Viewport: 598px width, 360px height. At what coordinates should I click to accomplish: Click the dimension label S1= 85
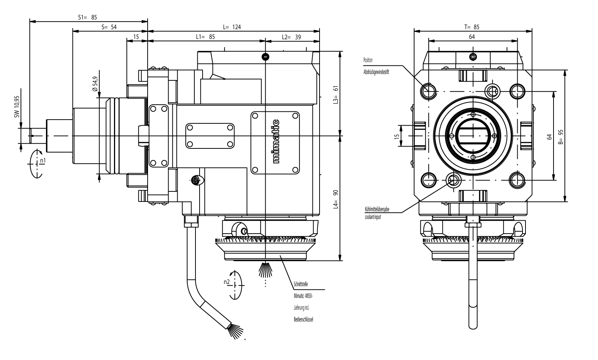click(x=87, y=17)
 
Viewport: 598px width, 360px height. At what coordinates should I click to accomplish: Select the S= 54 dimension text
click(x=109, y=27)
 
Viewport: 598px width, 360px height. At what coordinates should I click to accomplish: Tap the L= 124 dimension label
click(x=232, y=27)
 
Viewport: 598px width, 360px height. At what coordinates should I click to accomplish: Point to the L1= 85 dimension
click(x=206, y=37)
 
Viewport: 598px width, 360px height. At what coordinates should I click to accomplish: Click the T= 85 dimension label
click(x=471, y=27)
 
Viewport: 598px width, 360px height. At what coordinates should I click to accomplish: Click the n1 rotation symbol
click(x=37, y=164)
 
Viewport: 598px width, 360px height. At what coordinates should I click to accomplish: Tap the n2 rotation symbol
click(x=233, y=285)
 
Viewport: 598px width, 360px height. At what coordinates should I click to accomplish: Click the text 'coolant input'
click(x=373, y=217)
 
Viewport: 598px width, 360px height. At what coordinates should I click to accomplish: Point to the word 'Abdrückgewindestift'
click(x=376, y=72)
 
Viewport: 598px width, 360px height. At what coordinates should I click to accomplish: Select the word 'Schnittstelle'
click(x=301, y=284)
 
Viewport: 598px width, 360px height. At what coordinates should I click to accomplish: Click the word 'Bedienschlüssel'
click(x=303, y=319)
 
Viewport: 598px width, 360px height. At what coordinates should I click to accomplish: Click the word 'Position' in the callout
click(x=368, y=60)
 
